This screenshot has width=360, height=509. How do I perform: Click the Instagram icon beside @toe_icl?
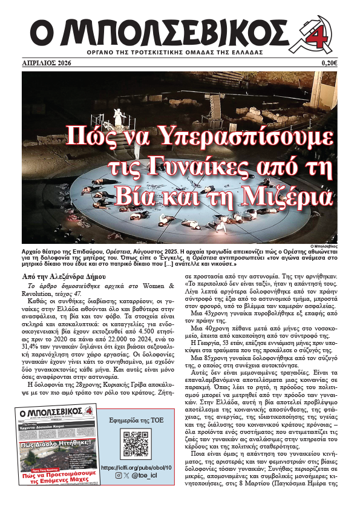(118, 477)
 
